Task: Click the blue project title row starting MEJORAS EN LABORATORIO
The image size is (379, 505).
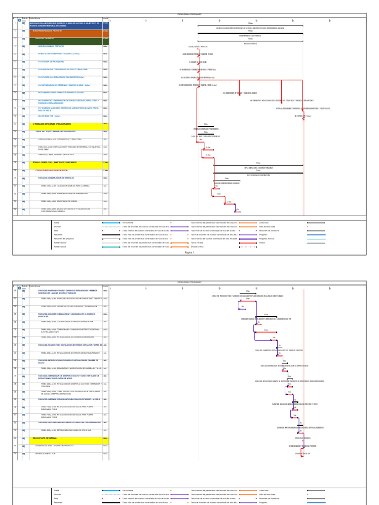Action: [65, 24]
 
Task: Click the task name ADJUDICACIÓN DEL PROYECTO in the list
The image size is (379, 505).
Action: [52, 46]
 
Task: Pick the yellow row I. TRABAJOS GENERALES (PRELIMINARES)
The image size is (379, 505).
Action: [54, 124]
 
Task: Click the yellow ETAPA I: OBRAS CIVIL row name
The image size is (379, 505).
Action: [54, 162]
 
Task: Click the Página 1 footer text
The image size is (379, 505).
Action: [190, 252]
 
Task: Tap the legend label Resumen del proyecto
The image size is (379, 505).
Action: [63, 238]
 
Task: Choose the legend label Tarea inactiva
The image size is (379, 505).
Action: [60, 243]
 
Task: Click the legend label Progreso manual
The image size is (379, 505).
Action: [267, 238]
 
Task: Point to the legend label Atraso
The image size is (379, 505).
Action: [262, 243]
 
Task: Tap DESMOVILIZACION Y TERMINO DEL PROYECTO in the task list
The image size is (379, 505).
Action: [54, 445]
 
